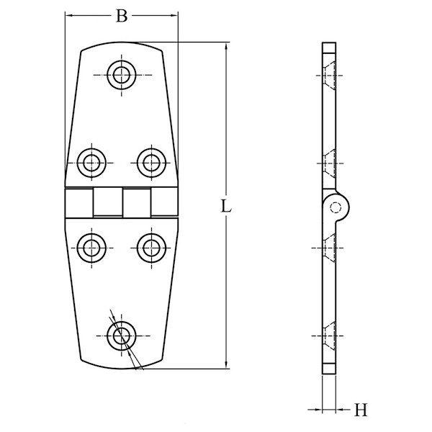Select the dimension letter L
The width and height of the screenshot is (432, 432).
pos(226,206)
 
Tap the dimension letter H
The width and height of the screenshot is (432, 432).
pos(361,410)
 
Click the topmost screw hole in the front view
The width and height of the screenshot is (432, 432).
pos(122,73)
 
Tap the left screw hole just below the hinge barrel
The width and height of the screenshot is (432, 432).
pos(91,247)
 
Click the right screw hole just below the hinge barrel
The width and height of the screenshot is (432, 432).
pos(150,247)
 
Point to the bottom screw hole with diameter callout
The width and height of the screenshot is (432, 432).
pos(122,334)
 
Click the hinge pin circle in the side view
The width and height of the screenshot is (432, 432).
pos(336,207)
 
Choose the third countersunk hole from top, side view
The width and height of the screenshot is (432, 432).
pos(329,248)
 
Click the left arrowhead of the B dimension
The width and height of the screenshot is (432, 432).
pos(69,14)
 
